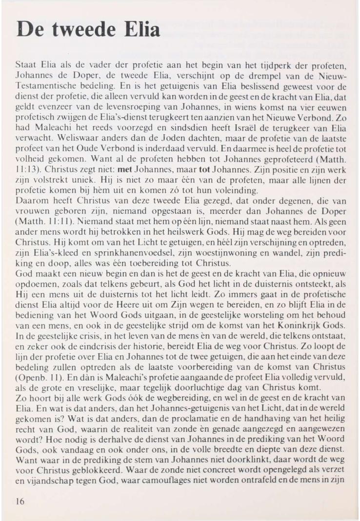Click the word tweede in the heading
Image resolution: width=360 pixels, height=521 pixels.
click(x=81, y=30)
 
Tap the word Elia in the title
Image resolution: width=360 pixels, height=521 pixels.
click(x=141, y=30)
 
